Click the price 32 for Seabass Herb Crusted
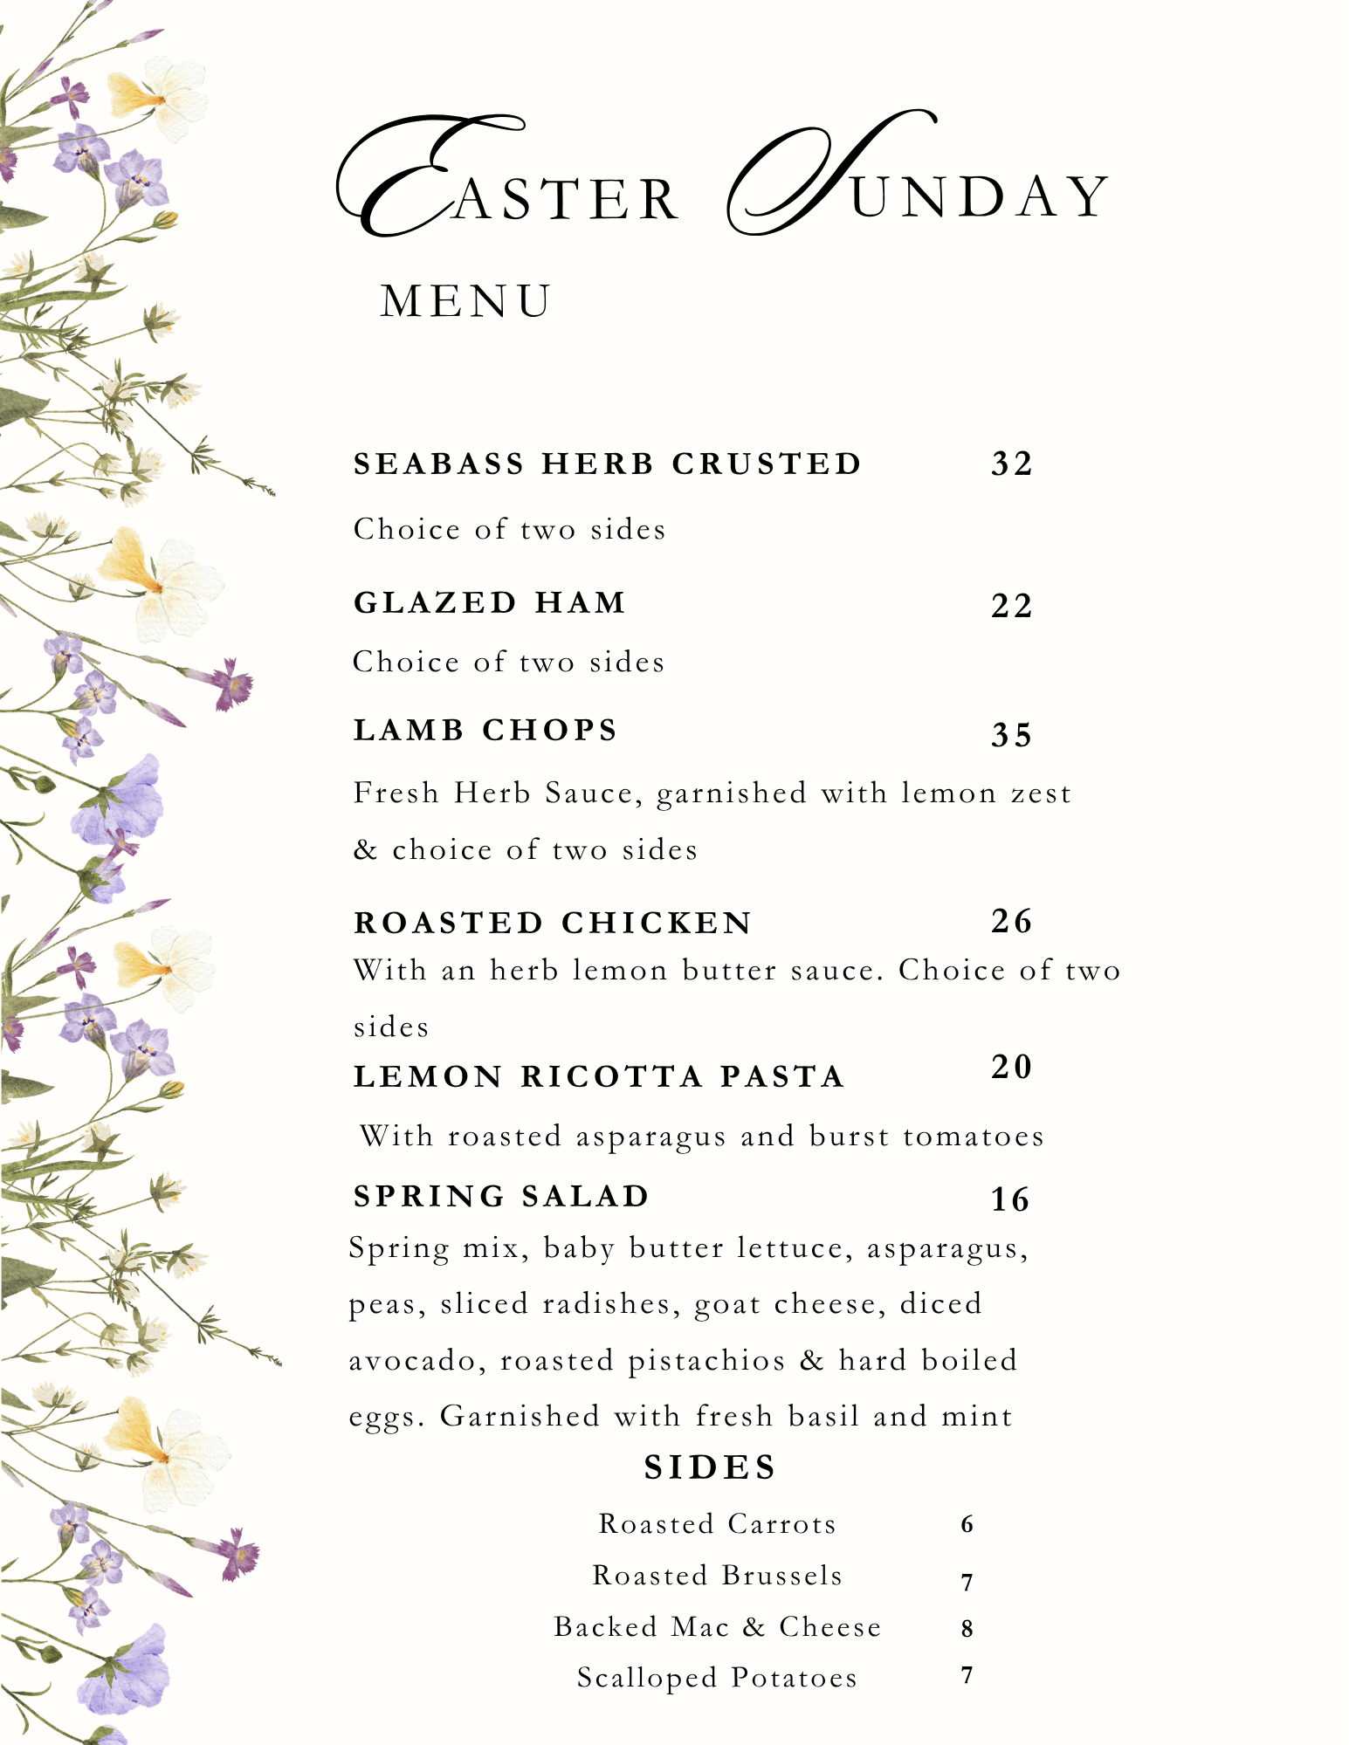[x=1011, y=464]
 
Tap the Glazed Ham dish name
[x=490, y=602]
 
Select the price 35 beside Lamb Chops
[x=1011, y=735]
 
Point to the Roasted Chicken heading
[x=553, y=923]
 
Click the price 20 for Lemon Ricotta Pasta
[x=1011, y=1067]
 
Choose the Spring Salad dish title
[x=502, y=1196]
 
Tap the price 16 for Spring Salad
[x=1010, y=1200]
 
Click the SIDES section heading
[x=711, y=1467]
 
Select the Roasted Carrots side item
[x=717, y=1524]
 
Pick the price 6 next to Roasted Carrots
[x=967, y=1524]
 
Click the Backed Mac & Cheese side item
[x=717, y=1627]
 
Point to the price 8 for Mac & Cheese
[x=967, y=1628]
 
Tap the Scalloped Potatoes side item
[x=717, y=1678]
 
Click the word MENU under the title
[x=466, y=301]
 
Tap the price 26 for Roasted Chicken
[x=1011, y=921]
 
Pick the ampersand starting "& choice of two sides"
[x=365, y=849]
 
